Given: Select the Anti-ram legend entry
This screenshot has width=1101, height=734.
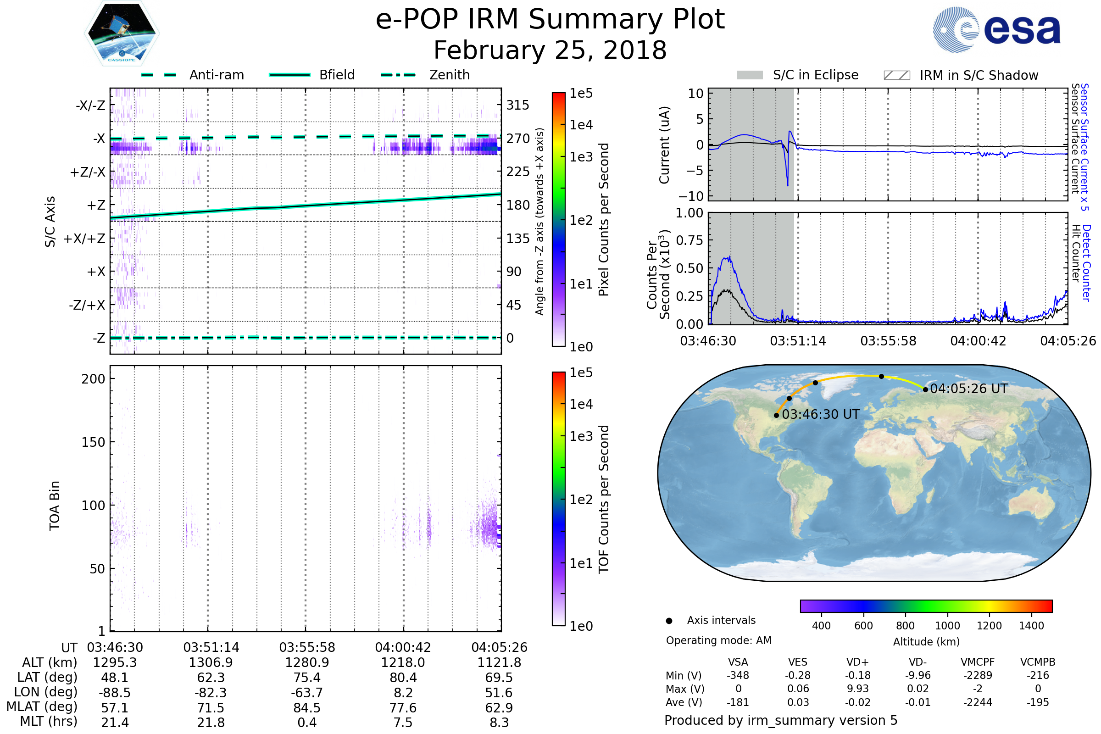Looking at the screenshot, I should pyautogui.click(x=193, y=75).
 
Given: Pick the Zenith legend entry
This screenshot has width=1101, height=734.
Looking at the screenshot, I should pyautogui.click(x=425, y=75).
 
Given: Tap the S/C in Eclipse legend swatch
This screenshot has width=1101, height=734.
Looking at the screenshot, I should pyautogui.click(x=750, y=75).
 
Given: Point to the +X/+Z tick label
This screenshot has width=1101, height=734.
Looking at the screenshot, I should pyautogui.click(x=84, y=239).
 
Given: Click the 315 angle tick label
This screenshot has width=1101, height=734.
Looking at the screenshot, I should pyautogui.click(x=517, y=105).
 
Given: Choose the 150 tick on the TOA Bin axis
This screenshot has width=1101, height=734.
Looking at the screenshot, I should pyautogui.click(x=93, y=442).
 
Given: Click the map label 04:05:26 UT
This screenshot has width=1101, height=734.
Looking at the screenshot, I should pyautogui.click(x=968, y=389).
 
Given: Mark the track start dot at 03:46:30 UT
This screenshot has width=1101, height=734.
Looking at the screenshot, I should pyautogui.click(x=777, y=415).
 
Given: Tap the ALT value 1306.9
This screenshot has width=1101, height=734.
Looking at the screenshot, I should pyautogui.click(x=211, y=662).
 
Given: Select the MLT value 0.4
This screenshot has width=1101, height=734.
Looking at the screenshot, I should pyautogui.click(x=307, y=722).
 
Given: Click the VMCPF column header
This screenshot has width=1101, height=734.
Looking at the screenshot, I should pyautogui.click(x=978, y=662).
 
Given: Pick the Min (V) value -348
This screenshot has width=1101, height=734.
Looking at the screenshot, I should pyautogui.click(x=738, y=675).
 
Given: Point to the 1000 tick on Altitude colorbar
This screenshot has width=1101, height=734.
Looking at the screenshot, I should pyautogui.click(x=947, y=626).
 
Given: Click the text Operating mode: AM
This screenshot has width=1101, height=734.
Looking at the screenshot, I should pyautogui.click(x=718, y=640).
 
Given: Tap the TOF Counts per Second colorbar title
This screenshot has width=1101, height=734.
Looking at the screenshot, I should pyautogui.click(x=604, y=499).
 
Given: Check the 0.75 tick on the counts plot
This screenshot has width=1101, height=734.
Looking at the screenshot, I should pyautogui.click(x=690, y=240).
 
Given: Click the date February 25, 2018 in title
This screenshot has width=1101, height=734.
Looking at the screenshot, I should pyautogui.click(x=550, y=50).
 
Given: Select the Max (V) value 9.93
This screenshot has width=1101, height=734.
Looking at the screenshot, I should pyautogui.click(x=857, y=689).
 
